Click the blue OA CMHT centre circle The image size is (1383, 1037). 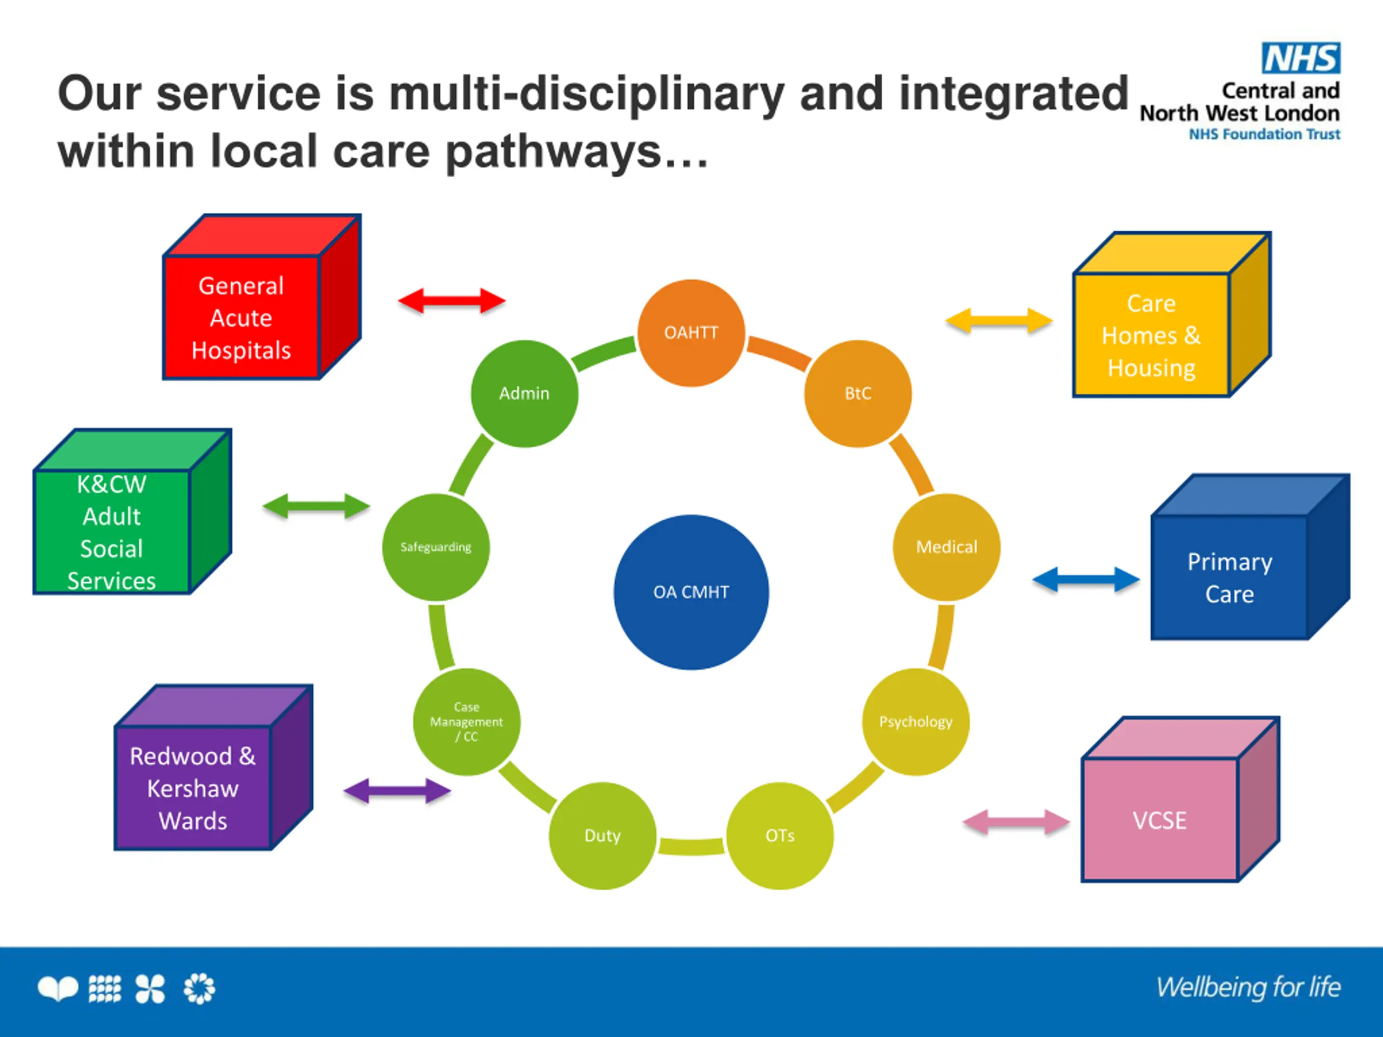[x=691, y=592]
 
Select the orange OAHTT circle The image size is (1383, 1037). [x=691, y=333]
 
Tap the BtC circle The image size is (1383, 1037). [x=858, y=393]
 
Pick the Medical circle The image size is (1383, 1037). [x=946, y=547]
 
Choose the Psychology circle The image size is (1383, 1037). [x=916, y=722]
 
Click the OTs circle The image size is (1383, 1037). [x=780, y=836]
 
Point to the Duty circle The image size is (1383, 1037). [x=603, y=836]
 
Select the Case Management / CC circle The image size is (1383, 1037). [x=466, y=722]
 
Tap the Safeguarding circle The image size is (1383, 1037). [x=436, y=547]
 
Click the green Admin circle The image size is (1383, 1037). [x=524, y=393]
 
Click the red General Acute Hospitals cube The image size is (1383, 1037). [x=261, y=297]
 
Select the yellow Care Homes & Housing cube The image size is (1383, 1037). [x=1172, y=314]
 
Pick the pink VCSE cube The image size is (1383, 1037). [x=1180, y=799]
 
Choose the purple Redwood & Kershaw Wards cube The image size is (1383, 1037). [x=213, y=767]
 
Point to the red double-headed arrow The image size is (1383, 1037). [x=452, y=301]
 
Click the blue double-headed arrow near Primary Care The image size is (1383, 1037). [x=1085, y=580]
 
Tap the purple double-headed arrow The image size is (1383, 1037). [x=397, y=791]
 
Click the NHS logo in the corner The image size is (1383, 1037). [x=1300, y=58]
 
